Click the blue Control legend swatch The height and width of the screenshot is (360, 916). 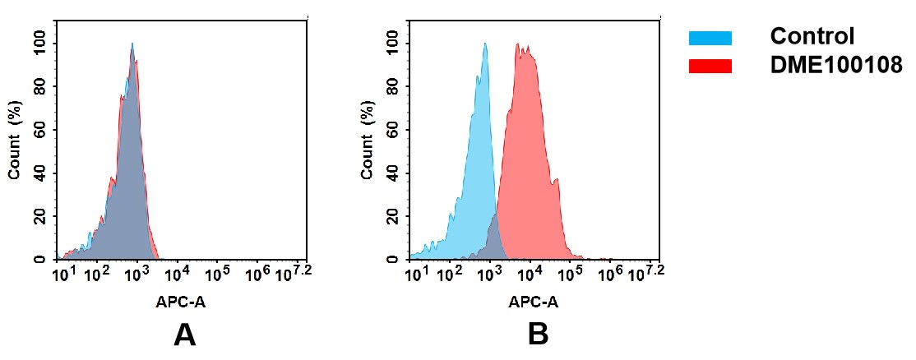pos(710,38)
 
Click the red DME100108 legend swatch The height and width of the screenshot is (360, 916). pos(710,66)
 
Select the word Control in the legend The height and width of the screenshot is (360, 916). pos(812,37)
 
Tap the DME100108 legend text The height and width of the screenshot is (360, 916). pos(836,66)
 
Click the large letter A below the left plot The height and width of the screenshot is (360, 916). pos(185,335)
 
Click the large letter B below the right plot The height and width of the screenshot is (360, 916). pos(538,335)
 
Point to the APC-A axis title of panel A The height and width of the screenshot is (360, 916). pos(181,302)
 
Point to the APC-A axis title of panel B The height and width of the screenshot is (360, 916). pos(534,302)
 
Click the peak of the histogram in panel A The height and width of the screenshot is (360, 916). pos(132,45)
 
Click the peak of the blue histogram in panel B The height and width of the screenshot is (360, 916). pos(485,45)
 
